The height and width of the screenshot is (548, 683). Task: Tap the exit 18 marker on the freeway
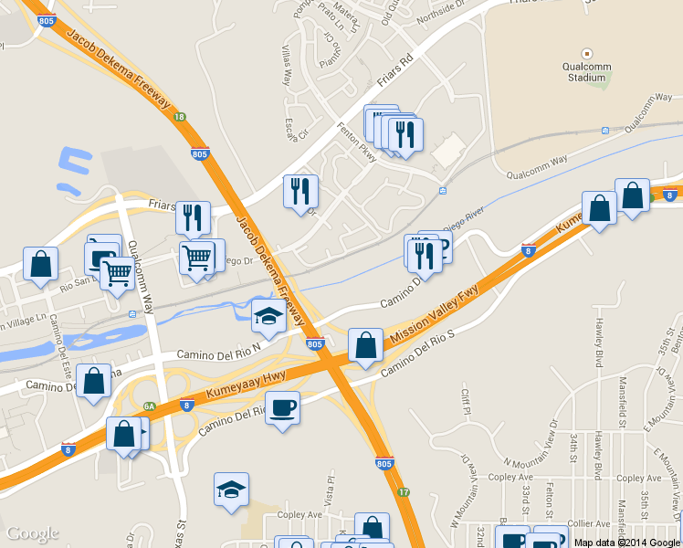pyautogui.click(x=180, y=117)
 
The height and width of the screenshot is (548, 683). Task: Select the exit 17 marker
pyautogui.click(x=405, y=491)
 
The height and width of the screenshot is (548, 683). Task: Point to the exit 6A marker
pyautogui.click(x=150, y=406)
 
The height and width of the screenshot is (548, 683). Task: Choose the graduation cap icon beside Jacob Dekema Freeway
pyautogui.click(x=268, y=316)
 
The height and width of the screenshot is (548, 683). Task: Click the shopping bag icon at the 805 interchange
pyautogui.click(x=365, y=345)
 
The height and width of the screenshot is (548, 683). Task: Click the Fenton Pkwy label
pyautogui.click(x=355, y=139)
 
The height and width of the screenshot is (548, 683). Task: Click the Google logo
pyautogui.click(x=32, y=533)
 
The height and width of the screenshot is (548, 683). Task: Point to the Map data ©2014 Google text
pyautogui.click(x=627, y=542)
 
